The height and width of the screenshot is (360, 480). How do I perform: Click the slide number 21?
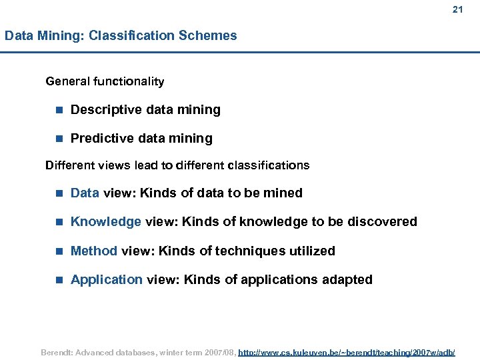coord(457,9)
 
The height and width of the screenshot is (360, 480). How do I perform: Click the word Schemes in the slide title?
coord(208,36)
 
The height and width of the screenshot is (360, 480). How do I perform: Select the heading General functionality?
coord(105,82)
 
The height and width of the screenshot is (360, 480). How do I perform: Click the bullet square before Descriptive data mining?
coord(59,110)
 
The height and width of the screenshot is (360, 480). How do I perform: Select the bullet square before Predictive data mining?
coord(59,139)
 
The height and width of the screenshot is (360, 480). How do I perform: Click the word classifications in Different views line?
coord(268,165)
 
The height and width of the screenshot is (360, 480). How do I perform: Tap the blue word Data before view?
coord(85,193)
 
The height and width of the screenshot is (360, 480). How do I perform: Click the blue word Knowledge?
coord(105,222)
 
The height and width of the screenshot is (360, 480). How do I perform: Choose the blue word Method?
coord(94,251)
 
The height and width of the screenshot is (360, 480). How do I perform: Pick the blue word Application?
coord(107,280)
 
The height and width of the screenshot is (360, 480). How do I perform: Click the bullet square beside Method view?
coord(59,251)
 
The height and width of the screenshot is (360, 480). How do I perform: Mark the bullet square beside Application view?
coord(59,280)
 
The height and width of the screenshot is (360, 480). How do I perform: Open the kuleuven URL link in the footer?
coord(347,351)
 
